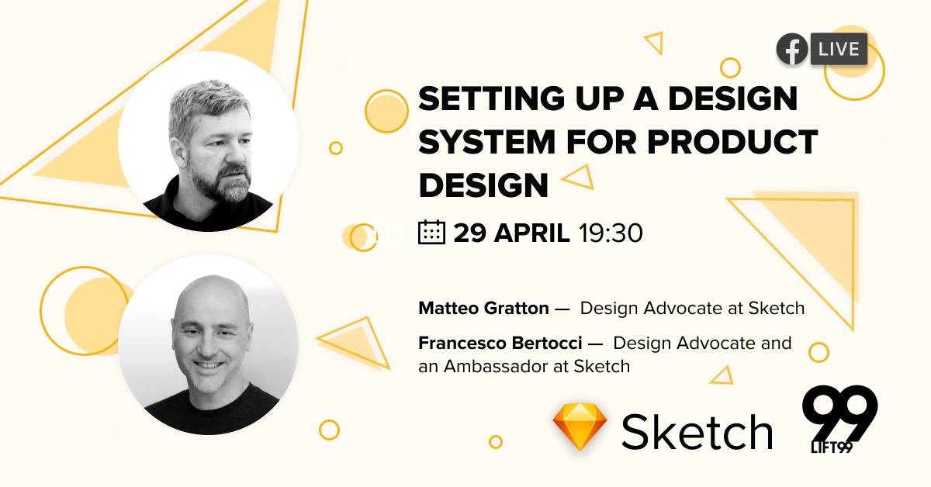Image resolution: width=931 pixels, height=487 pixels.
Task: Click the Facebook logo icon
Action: (792, 50)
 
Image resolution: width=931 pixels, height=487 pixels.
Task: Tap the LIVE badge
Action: (839, 49)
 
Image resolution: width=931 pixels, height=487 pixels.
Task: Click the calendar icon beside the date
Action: (431, 233)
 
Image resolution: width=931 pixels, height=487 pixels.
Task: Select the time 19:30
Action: (611, 233)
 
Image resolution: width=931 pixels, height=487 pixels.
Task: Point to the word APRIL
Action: (531, 233)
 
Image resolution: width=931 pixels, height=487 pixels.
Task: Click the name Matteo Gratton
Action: (483, 309)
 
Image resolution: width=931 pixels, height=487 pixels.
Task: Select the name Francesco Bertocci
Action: (500, 344)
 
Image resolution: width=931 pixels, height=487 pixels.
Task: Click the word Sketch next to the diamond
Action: (697, 432)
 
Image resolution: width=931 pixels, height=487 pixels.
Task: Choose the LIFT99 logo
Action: (839, 419)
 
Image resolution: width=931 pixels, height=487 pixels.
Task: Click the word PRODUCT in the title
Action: (732, 142)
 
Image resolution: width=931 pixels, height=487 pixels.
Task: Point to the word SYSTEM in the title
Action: (486, 142)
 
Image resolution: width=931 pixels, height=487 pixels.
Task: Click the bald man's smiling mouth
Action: (208, 366)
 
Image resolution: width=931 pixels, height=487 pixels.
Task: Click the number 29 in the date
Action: (469, 233)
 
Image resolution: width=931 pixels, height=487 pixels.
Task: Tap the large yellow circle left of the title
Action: (386, 112)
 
